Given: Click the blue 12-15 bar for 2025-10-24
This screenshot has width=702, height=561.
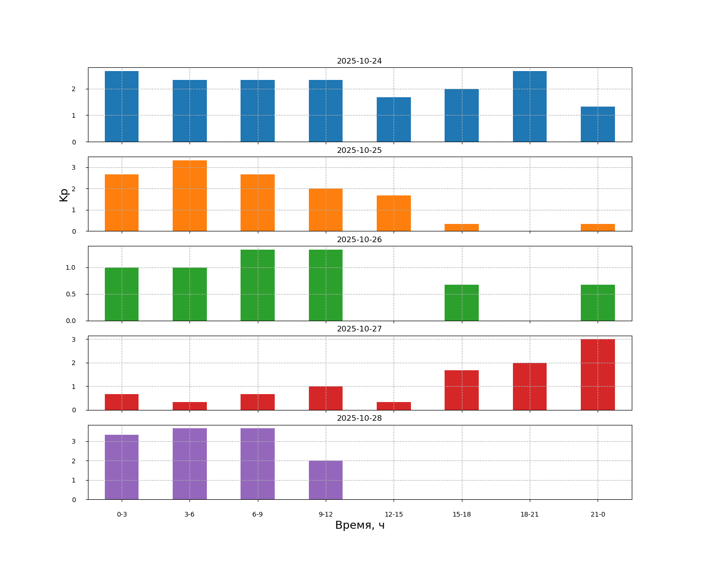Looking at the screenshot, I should (x=394, y=120).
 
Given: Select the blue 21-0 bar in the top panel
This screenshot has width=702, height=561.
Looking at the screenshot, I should (x=598, y=124).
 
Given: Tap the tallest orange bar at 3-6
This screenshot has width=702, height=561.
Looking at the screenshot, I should (x=190, y=196).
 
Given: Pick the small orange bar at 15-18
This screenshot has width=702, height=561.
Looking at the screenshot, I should (x=461, y=228).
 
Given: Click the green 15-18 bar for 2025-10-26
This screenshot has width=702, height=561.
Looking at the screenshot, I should (x=461, y=302).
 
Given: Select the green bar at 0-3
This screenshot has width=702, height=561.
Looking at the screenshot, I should (x=122, y=294).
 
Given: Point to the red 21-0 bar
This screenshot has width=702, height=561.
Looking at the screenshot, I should (x=598, y=374).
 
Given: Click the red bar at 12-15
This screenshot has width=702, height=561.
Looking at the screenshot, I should (x=394, y=406).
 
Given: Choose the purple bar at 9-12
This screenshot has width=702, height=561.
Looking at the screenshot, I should (x=326, y=480).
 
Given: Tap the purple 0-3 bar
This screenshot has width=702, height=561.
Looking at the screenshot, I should (x=122, y=467).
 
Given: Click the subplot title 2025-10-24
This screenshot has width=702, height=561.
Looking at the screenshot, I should (x=359, y=61).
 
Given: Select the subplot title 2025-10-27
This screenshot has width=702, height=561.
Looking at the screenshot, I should (x=359, y=329).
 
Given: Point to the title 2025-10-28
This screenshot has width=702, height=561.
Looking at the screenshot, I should (x=359, y=418).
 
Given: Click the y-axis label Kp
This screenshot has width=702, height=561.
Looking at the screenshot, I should (x=64, y=194).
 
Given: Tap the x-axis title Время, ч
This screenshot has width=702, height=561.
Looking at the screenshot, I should (x=359, y=525).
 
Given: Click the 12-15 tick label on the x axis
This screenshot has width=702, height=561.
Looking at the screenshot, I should (x=394, y=515).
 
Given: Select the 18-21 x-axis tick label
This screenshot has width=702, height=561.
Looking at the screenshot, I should (x=529, y=515).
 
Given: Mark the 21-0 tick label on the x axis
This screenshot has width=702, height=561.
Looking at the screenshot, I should (x=598, y=515).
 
